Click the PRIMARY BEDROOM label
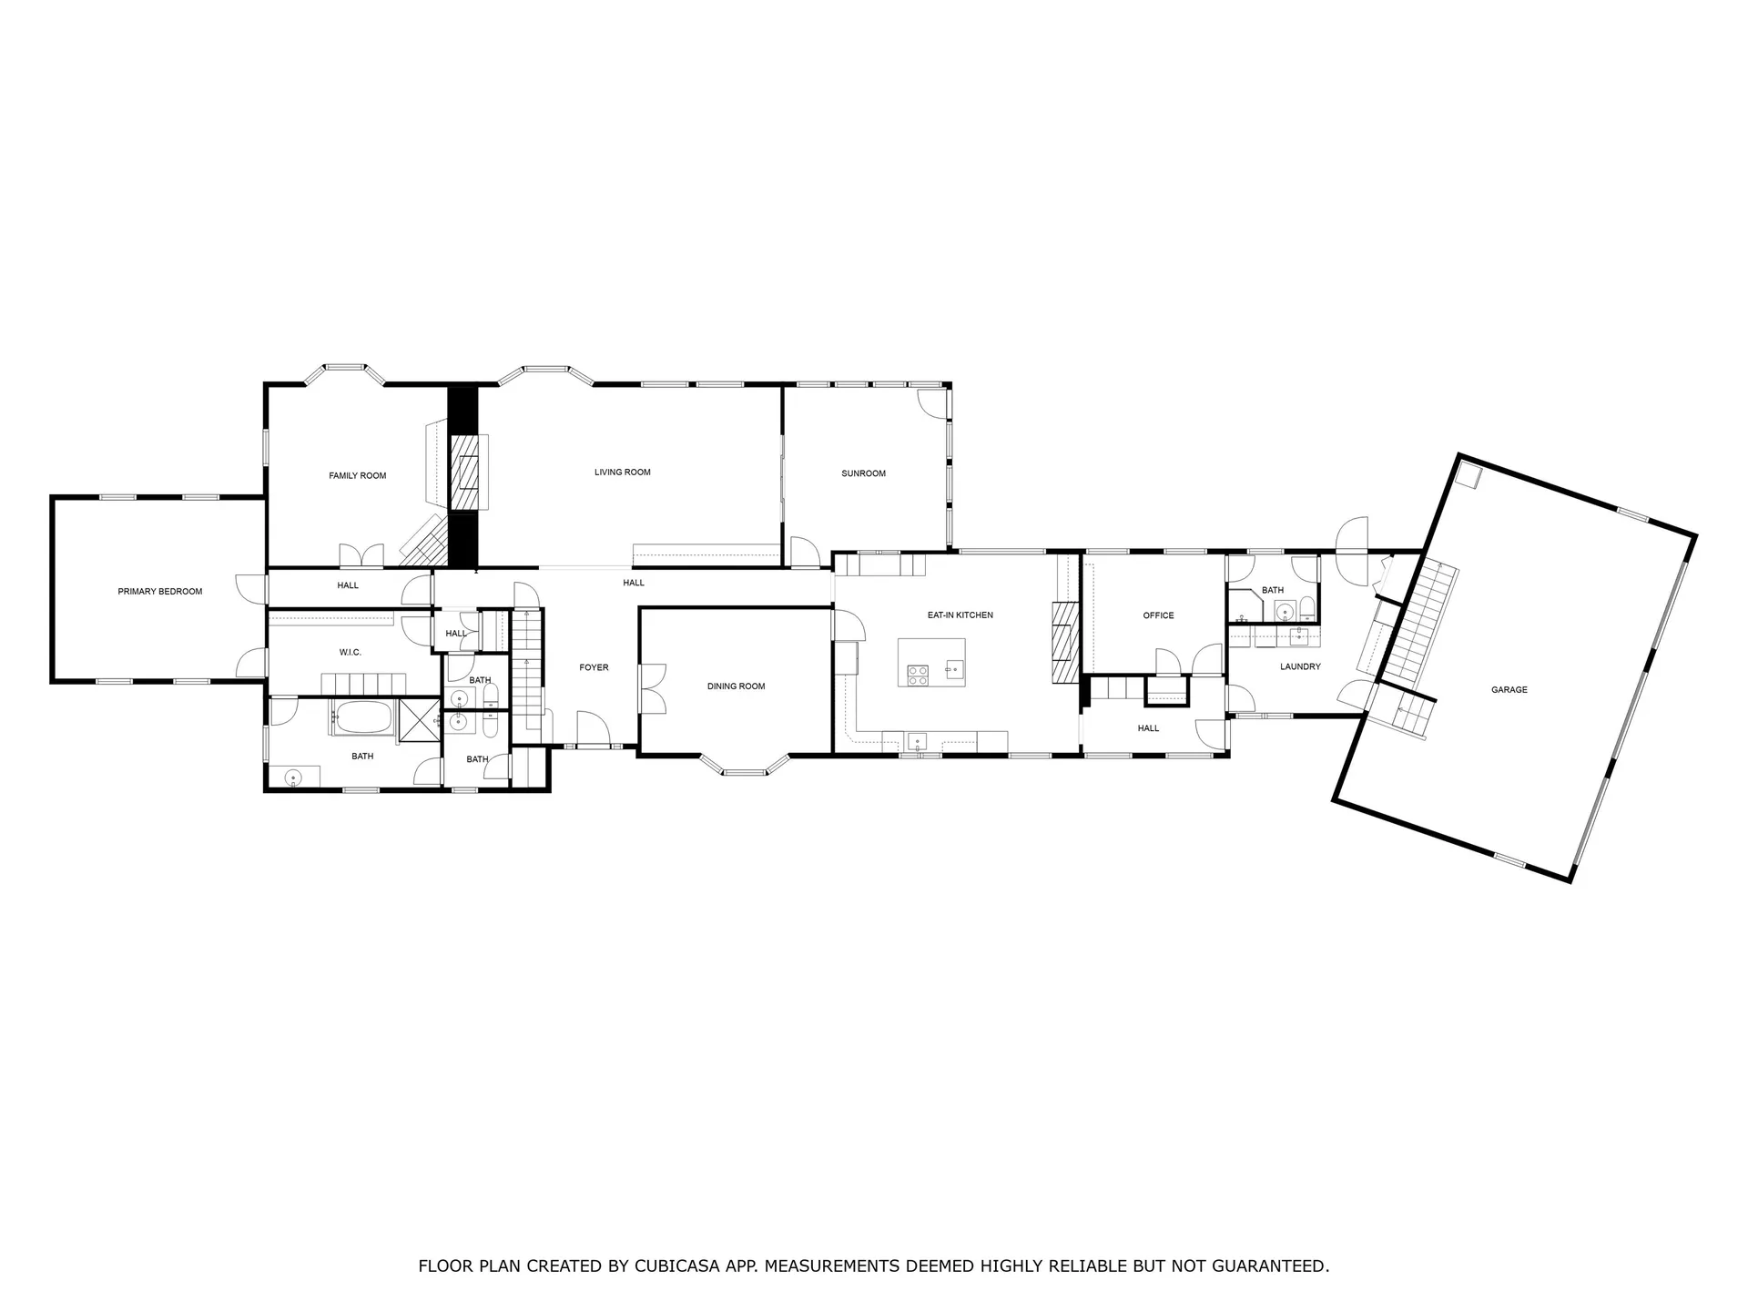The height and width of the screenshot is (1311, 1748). click(159, 592)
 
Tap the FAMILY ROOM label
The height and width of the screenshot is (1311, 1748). click(357, 475)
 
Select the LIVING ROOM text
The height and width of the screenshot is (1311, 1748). click(622, 472)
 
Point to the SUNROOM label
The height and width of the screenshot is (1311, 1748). click(863, 473)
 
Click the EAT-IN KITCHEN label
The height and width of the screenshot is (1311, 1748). click(960, 615)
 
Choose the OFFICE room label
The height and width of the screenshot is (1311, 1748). click(1158, 615)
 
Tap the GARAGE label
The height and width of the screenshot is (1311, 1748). click(1509, 690)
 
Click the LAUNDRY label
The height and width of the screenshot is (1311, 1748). click(1299, 666)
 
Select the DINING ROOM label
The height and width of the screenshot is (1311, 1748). click(736, 686)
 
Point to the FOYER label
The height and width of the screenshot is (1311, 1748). click(594, 667)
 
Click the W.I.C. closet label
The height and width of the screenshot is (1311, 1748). click(350, 652)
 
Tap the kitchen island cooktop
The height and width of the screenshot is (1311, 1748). click(918, 675)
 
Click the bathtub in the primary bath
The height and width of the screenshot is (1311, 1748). click(362, 718)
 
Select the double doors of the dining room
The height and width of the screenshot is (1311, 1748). click(652, 688)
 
